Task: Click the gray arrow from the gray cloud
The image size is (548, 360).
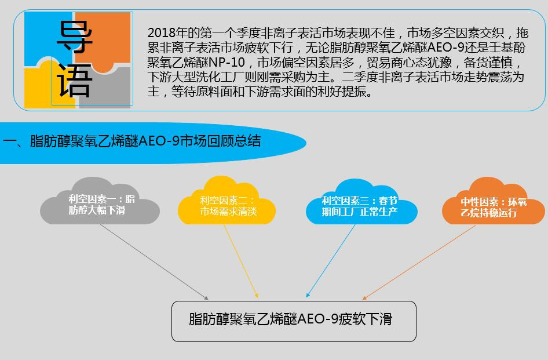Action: pos(154,262)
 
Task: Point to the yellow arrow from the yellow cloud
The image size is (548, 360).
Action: pos(241,261)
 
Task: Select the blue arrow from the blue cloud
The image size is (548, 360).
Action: pos(331,261)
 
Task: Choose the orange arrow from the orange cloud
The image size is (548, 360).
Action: pos(419,263)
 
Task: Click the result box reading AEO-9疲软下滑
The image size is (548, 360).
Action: pos(294,321)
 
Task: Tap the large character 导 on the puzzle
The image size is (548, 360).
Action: pos(75,37)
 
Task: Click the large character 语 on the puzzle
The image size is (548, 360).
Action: pos(75,80)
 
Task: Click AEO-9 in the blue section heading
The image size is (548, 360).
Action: pos(159,141)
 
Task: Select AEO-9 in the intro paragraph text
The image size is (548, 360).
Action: pos(448,48)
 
